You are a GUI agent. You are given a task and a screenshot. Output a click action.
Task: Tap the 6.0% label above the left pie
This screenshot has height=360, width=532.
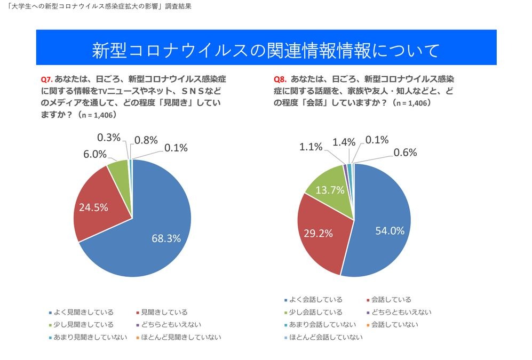click(x=94, y=153)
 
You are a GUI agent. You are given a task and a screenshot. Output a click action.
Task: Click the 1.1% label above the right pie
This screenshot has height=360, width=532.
click(x=312, y=146)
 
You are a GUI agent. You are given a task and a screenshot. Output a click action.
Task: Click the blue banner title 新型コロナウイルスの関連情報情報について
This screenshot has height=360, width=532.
click(x=266, y=51)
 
